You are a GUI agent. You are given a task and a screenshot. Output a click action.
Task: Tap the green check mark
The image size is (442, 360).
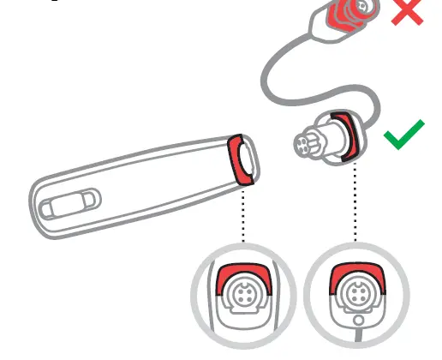click(x=403, y=135)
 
